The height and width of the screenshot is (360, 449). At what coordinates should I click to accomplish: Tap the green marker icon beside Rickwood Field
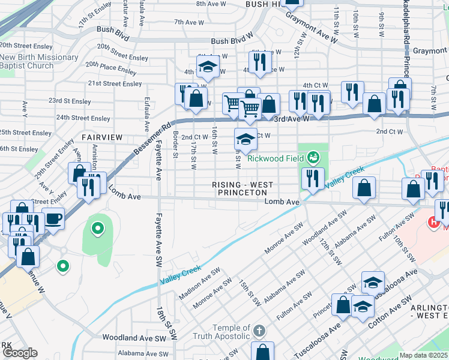coord(313,158)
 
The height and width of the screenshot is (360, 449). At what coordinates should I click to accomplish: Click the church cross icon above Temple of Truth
coord(259,331)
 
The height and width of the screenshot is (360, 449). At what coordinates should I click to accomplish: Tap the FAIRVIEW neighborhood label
coord(102,137)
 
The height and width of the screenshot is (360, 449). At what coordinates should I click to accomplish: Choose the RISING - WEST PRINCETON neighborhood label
coord(243,188)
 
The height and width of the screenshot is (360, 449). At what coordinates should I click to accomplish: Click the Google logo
coord(20,352)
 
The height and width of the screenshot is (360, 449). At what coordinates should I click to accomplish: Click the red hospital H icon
coord(433,223)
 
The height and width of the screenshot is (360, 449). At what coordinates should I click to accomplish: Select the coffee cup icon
coord(53,218)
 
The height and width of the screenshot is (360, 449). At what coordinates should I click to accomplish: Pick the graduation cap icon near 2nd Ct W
coord(246,139)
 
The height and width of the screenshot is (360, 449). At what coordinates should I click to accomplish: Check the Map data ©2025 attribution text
coord(423,355)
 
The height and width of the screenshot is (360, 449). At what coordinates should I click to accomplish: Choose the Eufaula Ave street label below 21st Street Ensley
coord(146,114)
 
